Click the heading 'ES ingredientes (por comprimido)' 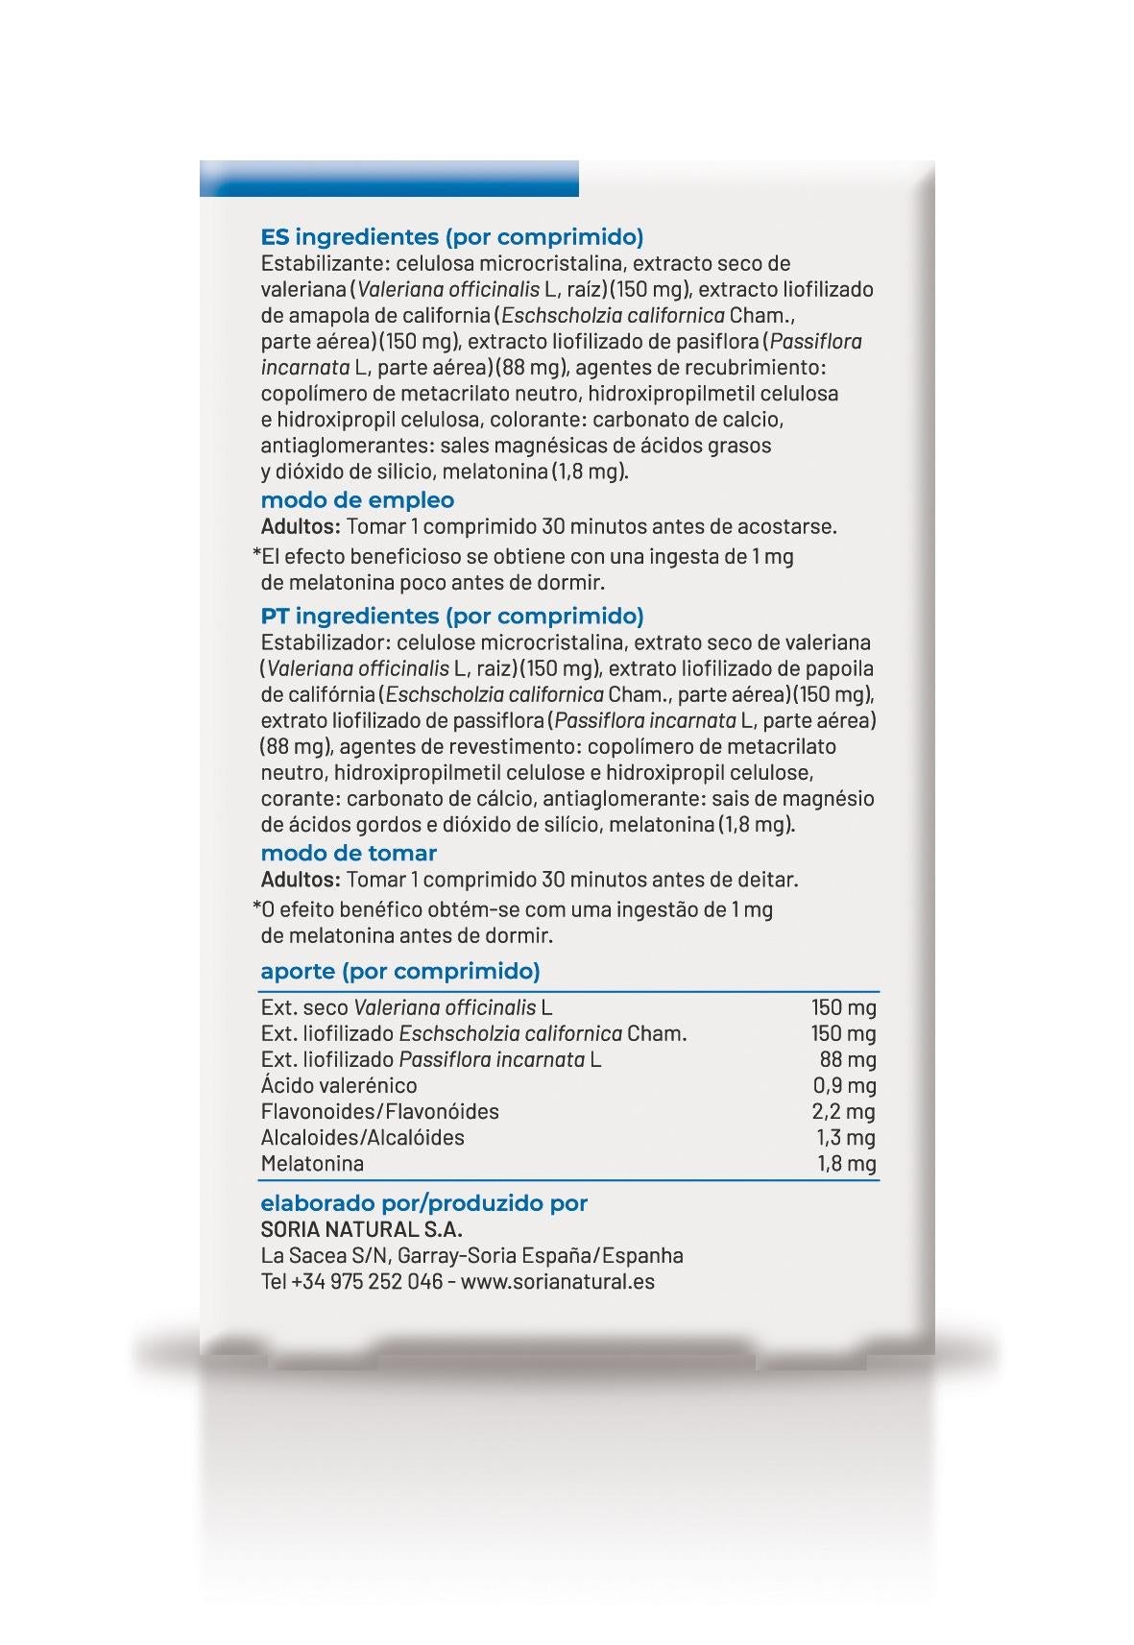(x=451, y=236)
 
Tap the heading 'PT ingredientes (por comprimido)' (x=451, y=616)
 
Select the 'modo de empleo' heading (x=357, y=499)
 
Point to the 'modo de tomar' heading (x=349, y=853)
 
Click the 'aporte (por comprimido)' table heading (x=399, y=971)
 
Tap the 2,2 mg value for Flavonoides (x=844, y=1112)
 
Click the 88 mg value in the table (x=848, y=1060)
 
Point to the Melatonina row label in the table (x=312, y=1164)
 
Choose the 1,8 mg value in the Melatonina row (x=846, y=1164)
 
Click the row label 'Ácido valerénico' (x=339, y=1086)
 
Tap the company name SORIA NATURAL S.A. (x=361, y=1229)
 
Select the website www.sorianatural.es (x=558, y=1281)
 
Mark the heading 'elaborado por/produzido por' (x=423, y=1203)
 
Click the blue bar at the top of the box (x=389, y=179)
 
